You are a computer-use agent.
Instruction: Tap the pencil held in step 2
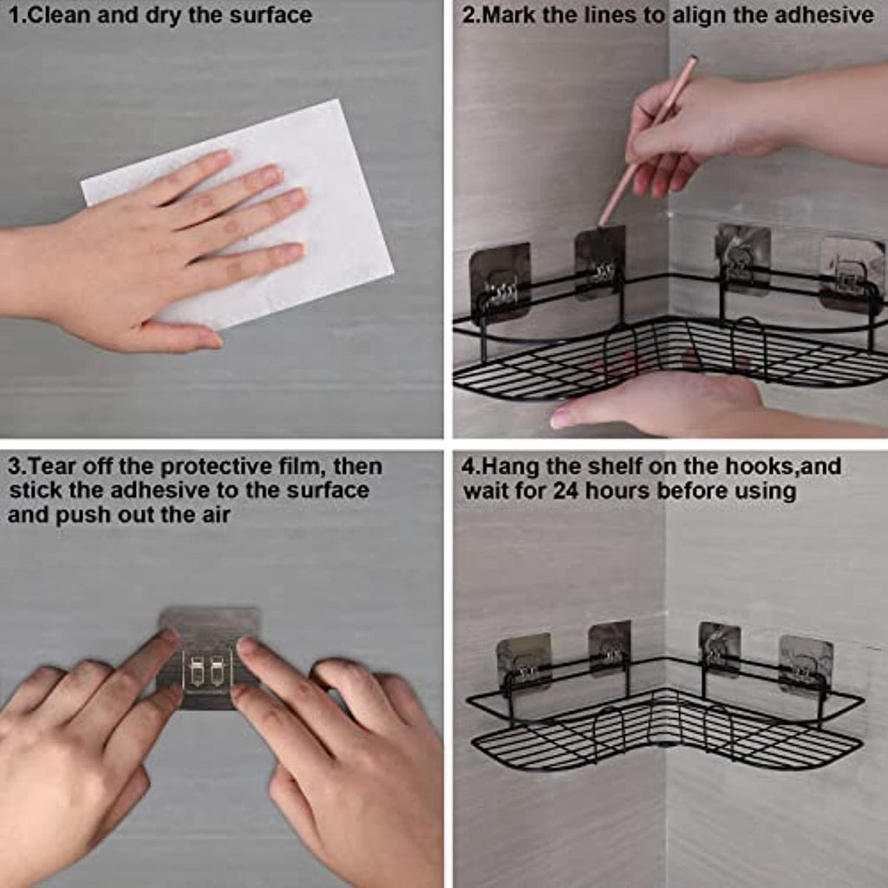coord(649,140)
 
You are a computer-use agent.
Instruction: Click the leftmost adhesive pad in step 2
coord(500,280)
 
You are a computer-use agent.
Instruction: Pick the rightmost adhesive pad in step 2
coord(852,275)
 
